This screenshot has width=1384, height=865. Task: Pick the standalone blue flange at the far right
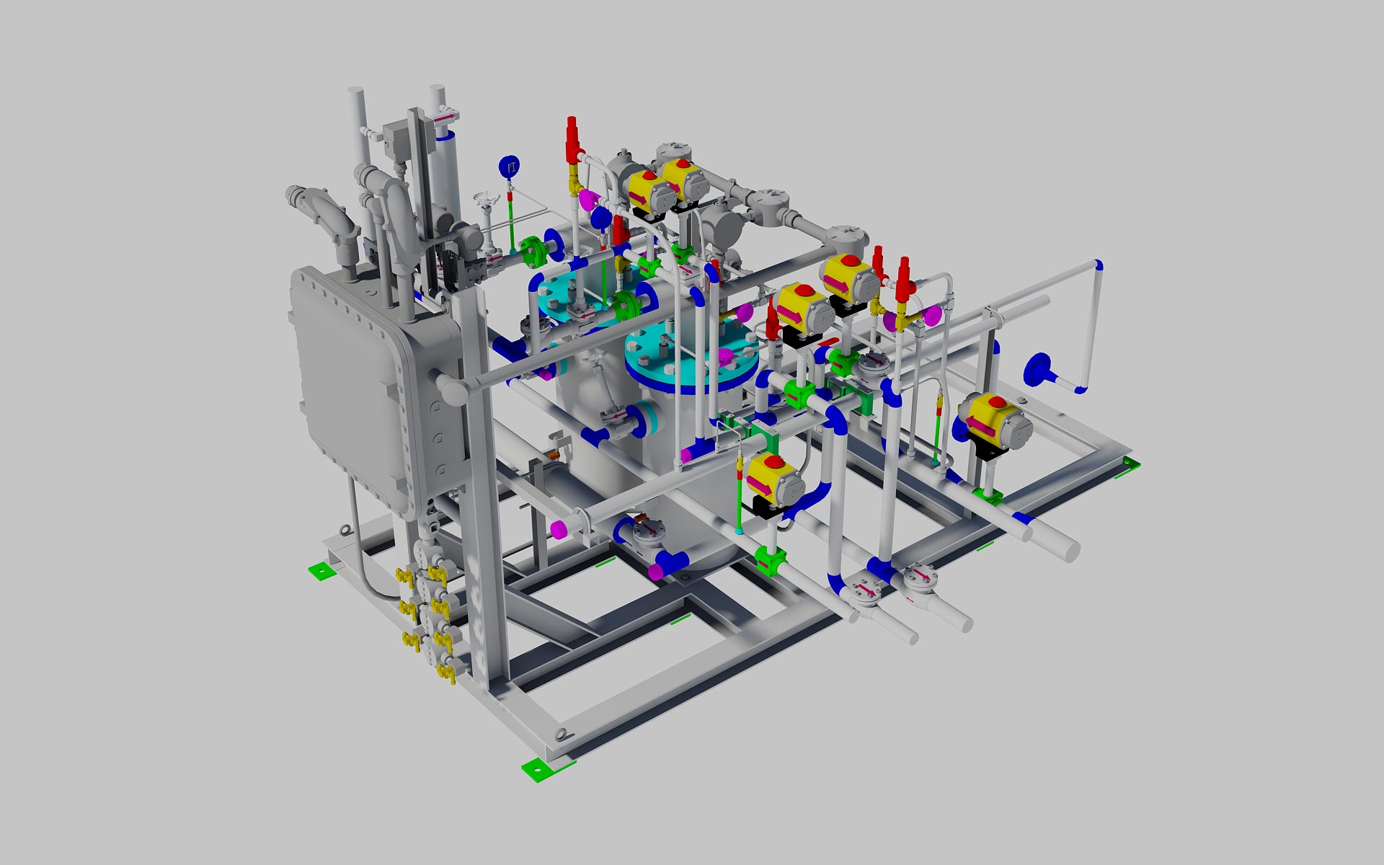coord(1037,370)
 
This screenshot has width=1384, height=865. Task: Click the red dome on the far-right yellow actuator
coord(997,402)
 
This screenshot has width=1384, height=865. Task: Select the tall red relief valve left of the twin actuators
coord(573,141)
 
